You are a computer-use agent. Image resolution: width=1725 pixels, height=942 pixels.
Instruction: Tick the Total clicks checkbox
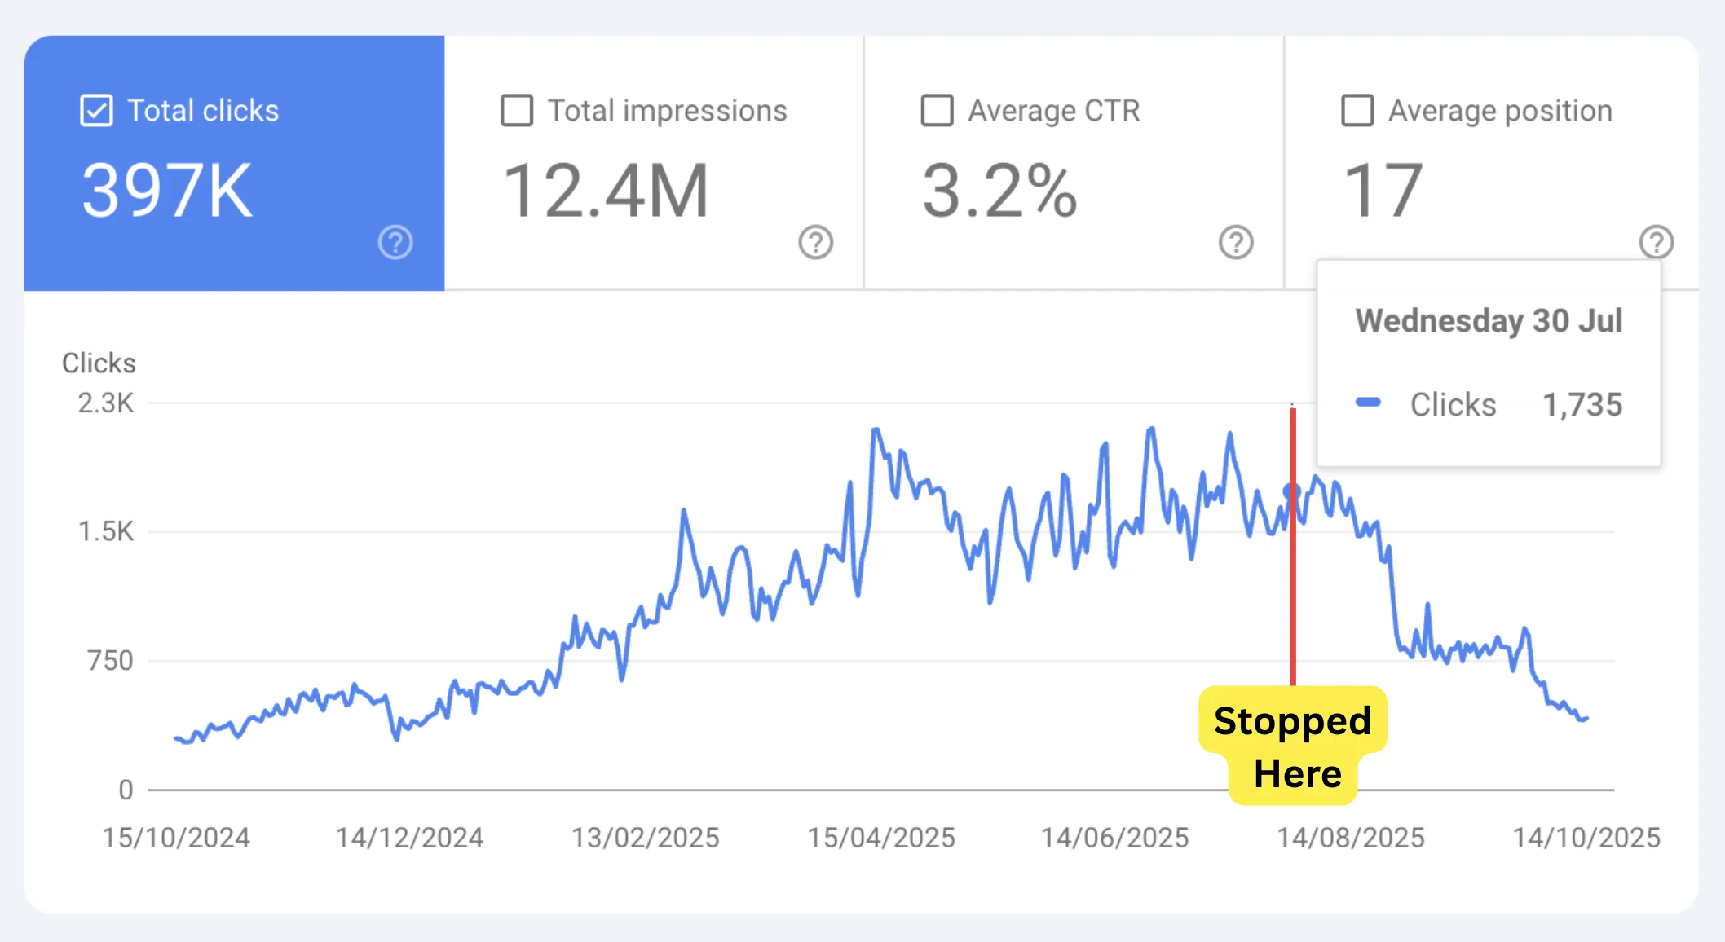[x=96, y=111]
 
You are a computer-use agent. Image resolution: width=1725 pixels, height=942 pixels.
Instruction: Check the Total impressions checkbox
[x=517, y=111]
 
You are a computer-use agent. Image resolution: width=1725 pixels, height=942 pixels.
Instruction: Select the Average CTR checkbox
[x=937, y=111]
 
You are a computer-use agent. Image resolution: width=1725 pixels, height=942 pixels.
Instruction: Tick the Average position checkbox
[x=1357, y=111]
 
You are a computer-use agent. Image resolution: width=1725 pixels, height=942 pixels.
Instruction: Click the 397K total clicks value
[x=167, y=191]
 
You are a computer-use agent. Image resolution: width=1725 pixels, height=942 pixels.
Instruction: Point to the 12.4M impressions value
[x=606, y=191]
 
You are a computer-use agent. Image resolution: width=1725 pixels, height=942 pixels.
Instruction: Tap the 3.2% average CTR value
[x=999, y=191]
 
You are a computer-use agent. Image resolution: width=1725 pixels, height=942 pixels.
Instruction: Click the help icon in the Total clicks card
[x=395, y=242]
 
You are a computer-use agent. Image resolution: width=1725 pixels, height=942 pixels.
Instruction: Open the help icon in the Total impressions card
[x=815, y=242]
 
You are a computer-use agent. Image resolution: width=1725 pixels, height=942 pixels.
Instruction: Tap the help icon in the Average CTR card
[x=1236, y=242]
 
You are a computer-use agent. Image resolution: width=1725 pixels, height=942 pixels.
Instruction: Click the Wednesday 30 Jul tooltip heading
[x=1489, y=320]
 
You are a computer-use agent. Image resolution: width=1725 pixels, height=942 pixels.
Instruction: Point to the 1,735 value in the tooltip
[x=1582, y=404]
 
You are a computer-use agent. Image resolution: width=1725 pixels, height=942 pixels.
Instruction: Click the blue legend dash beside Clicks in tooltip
[x=1368, y=402]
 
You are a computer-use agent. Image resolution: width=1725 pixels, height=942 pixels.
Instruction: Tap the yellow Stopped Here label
[x=1293, y=746]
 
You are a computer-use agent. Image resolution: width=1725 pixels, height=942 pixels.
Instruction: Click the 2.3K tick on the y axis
[x=106, y=403]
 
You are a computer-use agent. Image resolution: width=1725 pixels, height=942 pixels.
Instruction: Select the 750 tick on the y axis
[x=110, y=660]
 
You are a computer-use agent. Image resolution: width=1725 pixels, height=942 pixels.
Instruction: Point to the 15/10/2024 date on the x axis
[x=176, y=838]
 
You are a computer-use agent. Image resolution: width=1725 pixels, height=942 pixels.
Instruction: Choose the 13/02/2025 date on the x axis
[x=646, y=838]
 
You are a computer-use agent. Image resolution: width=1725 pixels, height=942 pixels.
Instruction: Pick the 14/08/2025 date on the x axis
[x=1351, y=838]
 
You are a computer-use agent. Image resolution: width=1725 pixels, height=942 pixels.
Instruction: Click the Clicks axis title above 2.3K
[x=99, y=363]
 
